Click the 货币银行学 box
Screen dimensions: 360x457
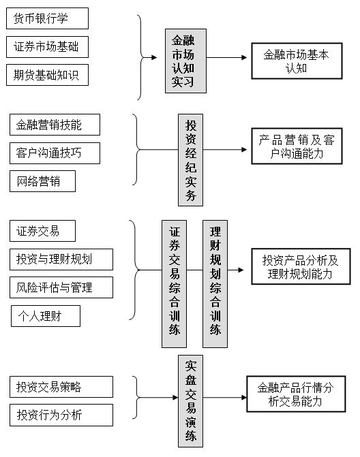pos(47,18)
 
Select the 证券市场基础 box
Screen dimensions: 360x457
pos(47,47)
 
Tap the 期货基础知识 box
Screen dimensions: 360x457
pos(47,75)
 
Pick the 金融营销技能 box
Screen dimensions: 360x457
pos(55,125)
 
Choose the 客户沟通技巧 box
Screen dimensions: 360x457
pos(55,153)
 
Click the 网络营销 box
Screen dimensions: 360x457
pos(42,181)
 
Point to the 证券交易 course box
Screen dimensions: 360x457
pos(42,231)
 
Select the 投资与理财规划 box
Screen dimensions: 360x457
pos(61,259)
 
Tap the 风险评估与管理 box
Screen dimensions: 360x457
pos(61,287)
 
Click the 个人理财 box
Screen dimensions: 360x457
pos(46,316)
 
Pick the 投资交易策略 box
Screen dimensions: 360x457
pos(61,387)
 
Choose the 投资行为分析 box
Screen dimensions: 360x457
pos(61,415)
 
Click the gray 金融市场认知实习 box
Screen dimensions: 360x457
pos(186,61)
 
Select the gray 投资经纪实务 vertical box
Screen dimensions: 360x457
pos(190,160)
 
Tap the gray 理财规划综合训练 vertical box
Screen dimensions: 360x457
pos(215,284)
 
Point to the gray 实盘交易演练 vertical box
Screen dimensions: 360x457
pos(190,401)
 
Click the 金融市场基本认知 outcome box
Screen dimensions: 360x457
pos(297,61)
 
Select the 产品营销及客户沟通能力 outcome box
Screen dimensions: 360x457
pos(297,146)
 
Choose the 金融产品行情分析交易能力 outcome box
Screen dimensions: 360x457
pos(296,394)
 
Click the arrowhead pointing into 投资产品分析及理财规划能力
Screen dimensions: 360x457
pos(241,270)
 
